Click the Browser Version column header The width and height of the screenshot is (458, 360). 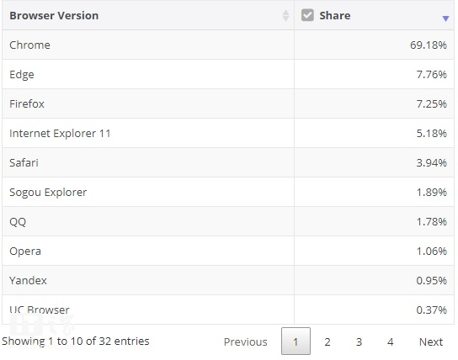(54, 15)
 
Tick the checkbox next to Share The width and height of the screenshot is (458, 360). (307, 15)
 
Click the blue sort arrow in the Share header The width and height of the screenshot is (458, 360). (445, 19)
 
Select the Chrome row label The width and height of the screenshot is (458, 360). (29, 45)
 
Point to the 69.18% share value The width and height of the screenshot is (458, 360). (429, 45)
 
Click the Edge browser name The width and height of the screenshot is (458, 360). (22, 75)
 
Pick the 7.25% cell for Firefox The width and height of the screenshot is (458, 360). (431, 103)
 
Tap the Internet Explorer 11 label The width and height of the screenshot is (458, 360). (60, 134)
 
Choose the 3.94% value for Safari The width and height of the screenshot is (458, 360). (431, 163)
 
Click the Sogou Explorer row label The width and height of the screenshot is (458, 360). (48, 193)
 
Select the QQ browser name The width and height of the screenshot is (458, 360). (18, 222)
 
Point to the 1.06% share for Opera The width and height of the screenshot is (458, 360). (431, 251)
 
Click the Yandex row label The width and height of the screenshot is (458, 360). (28, 280)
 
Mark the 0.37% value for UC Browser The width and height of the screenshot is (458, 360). (431, 310)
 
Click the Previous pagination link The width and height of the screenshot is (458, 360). (245, 341)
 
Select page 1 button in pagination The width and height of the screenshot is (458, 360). (296, 341)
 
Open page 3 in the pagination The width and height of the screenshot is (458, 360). (359, 341)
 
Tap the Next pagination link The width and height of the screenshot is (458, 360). (431, 341)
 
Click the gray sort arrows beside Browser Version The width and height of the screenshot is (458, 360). (285, 15)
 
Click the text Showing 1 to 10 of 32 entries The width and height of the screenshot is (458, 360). (76, 341)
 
